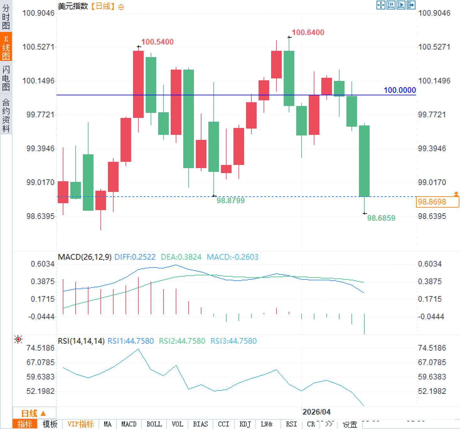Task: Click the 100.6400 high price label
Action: (x=308, y=32)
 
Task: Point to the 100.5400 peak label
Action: (x=157, y=42)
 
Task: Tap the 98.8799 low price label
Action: (x=230, y=201)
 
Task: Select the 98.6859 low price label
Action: (x=381, y=218)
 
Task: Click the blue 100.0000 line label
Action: (x=399, y=90)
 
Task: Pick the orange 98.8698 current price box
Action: (x=437, y=202)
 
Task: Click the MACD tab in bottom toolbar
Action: (x=129, y=424)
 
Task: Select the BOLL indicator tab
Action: (x=154, y=424)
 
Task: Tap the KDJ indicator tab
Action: (x=245, y=424)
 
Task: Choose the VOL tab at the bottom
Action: (x=177, y=424)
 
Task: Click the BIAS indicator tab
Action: (x=200, y=424)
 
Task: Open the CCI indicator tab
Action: (x=223, y=424)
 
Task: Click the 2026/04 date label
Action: (x=316, y=412)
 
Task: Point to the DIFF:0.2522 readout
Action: (x=135, y=257)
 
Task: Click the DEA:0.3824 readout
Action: (x=181, y=257)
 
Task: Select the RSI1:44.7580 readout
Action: (x=131, y=341)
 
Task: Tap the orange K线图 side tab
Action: (x=6, y=47)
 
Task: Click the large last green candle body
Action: (x=364, y=161)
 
